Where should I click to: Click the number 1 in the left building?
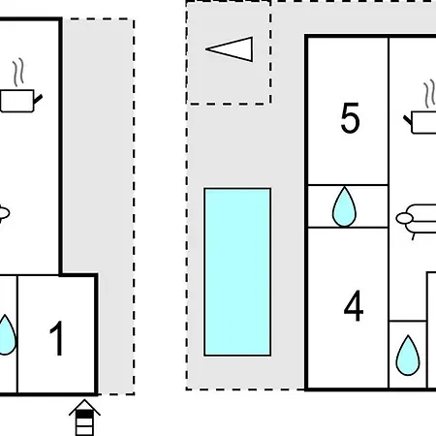(57, 338)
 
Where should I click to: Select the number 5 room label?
(350, 117)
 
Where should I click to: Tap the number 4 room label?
(354, 305)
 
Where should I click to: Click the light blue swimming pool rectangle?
(237, 272)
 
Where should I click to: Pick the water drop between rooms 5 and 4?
(344, 206)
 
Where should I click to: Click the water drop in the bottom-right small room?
(408, 356)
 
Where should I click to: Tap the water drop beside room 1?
(6, 335)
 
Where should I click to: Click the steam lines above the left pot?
(18, 73)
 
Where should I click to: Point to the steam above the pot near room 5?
(429, 94)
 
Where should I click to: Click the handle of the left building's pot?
(38, 99)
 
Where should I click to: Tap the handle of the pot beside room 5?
(408, 120)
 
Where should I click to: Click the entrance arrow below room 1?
(84, 418)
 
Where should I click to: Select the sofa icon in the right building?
(417, 220)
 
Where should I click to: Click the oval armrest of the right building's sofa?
(404, 219)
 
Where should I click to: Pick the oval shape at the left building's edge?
(4, 213)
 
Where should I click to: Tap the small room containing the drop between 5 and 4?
(348, 206)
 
